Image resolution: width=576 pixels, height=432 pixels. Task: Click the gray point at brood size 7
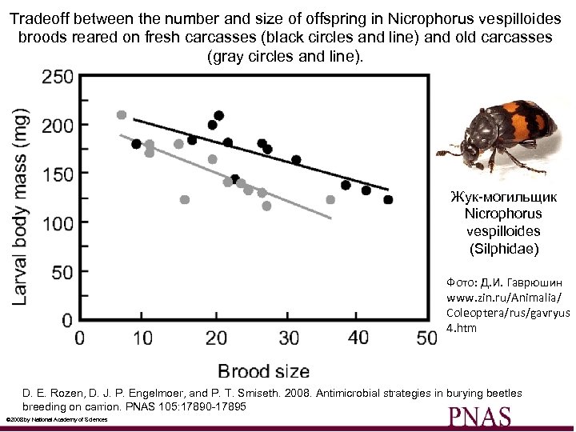pyautogui.click(x=122, y=115)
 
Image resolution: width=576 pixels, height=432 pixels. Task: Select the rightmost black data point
pyautogui.click(x=389, y=200)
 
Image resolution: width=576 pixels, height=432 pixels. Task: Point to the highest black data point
pyautogui.click(x=219, y=115)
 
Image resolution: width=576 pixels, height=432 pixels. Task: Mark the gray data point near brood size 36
pyautogui.click(x=330, y=200)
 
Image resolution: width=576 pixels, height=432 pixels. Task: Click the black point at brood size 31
pyautogui.click(x=296, y=160)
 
